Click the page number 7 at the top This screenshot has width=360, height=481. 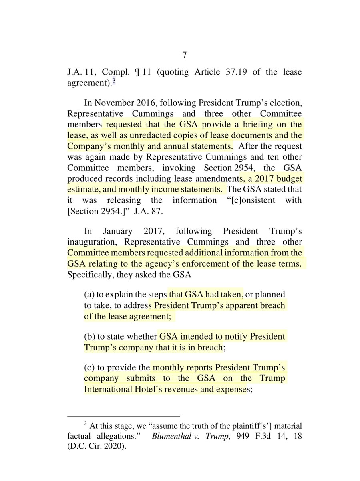pyautogui.click(x=180, y=55)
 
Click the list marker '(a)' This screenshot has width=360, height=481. pyautogui.click(x=89, y=295)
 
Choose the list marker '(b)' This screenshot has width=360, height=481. pyautogui.click(x=89, y=336)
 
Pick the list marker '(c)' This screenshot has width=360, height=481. pyautogui.click(x=89, y=367)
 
